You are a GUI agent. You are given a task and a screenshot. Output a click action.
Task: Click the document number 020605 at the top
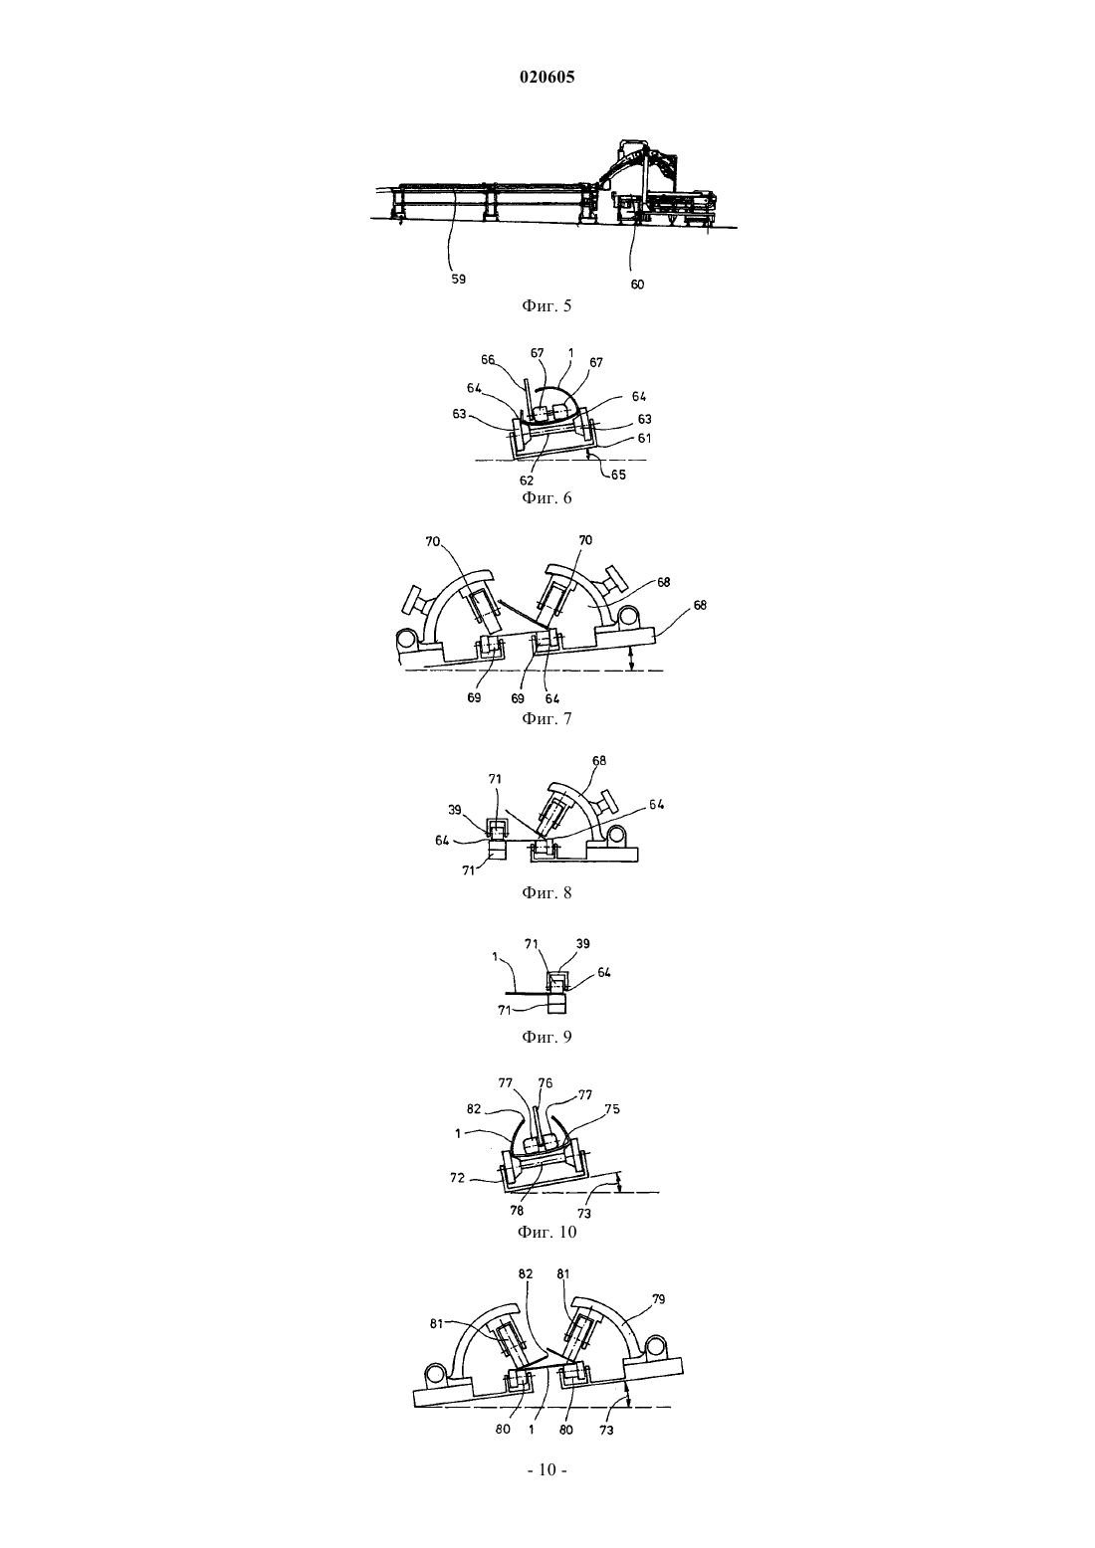547,77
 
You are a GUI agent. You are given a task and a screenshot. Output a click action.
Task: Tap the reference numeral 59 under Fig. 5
458,280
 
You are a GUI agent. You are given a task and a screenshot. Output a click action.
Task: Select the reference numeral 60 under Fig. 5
637,284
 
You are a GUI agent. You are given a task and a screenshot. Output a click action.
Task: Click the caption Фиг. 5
547,305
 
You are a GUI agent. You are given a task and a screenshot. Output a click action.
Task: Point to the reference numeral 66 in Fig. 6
488,359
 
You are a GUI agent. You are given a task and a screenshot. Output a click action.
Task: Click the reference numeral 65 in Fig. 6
619,475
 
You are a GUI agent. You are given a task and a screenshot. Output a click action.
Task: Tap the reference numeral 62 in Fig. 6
527,481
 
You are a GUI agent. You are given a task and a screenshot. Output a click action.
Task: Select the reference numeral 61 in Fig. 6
644,438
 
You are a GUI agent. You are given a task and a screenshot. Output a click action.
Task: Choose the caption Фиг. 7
547,718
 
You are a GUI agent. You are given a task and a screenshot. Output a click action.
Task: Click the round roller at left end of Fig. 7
405,640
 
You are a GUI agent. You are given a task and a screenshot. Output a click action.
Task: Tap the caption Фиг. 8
547,892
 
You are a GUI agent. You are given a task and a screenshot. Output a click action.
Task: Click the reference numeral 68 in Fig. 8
599,760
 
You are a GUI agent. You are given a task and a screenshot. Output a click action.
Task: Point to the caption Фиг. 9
547,1037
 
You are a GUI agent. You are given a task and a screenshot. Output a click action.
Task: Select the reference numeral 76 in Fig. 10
546,1083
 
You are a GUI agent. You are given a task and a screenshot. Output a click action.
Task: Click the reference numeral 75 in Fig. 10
612,1109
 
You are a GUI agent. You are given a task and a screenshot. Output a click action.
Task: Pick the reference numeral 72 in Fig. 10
458,1178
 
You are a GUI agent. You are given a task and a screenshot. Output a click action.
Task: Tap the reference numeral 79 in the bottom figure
658,1299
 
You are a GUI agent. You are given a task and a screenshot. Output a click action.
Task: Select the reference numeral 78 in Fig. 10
517,1210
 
